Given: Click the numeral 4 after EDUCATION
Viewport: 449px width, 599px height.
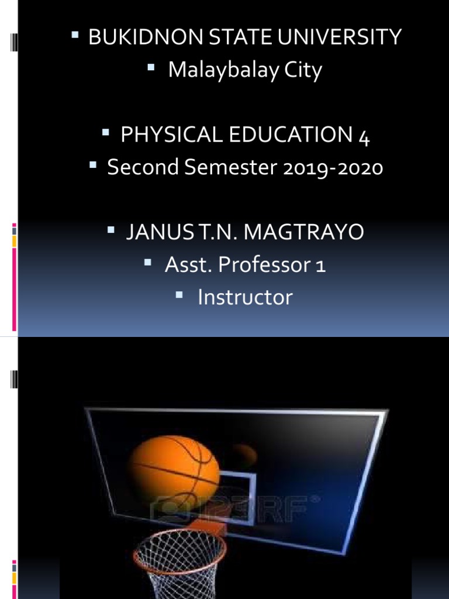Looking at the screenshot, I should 364,136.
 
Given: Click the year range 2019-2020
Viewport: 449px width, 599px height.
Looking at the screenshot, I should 333,168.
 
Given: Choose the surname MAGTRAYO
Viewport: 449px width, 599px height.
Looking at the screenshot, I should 304,232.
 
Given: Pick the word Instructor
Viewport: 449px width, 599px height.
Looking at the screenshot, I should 245,297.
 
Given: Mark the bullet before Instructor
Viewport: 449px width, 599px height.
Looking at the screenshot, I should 181,296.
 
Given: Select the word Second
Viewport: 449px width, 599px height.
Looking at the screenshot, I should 143,168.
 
